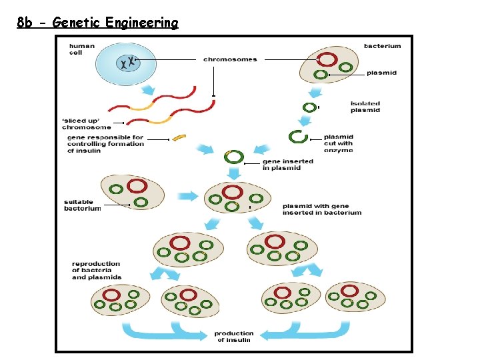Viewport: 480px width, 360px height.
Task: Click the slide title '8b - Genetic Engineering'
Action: [x=98, y=23]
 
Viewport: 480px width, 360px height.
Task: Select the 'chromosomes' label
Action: [x=230, y=59]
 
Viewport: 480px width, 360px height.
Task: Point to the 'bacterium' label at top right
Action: [x=382, y=46]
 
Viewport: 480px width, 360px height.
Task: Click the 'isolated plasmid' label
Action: [x=365, y=107]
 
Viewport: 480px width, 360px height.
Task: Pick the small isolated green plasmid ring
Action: [x=309, y=107]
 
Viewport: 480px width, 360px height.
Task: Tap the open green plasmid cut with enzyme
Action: [x=297, y=137]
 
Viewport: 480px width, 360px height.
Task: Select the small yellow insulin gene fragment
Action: [x=179, y=138]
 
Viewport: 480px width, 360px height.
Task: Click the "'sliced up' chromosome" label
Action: [x=87, y=124]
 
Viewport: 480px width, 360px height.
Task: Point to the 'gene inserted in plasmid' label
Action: [x=287, y=165]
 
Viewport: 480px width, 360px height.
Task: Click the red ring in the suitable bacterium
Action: [x=137, y=186]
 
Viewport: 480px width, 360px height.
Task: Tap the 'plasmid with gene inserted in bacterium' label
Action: [x=321, y=209]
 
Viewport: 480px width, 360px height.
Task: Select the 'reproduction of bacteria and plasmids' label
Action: [x=97, y=271]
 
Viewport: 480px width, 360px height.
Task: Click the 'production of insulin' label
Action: [x=233, y=336]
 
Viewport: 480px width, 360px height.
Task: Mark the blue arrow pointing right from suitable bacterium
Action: [x=188, y=196]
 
